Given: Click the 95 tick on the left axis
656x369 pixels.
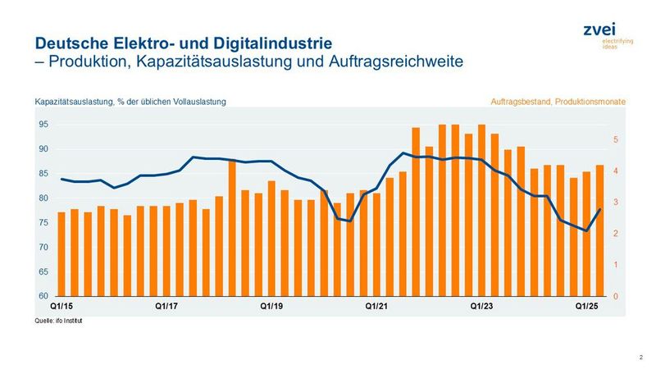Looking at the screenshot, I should [41, 125].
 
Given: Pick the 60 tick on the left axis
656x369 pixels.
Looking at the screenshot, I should [41, 296].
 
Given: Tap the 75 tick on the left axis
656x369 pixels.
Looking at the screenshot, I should [41, 222].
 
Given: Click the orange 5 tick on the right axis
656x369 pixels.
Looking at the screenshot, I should [617, 140].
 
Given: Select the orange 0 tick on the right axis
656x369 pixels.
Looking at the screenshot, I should [617, 296].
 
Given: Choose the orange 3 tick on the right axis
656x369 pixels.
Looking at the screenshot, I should [617, 203].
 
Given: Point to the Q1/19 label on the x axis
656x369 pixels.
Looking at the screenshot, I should [271, 306].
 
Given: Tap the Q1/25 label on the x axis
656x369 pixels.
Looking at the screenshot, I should [585, 306].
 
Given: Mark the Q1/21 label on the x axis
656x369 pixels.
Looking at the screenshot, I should [376, 306].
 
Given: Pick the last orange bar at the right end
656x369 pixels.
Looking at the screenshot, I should [599, 230].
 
